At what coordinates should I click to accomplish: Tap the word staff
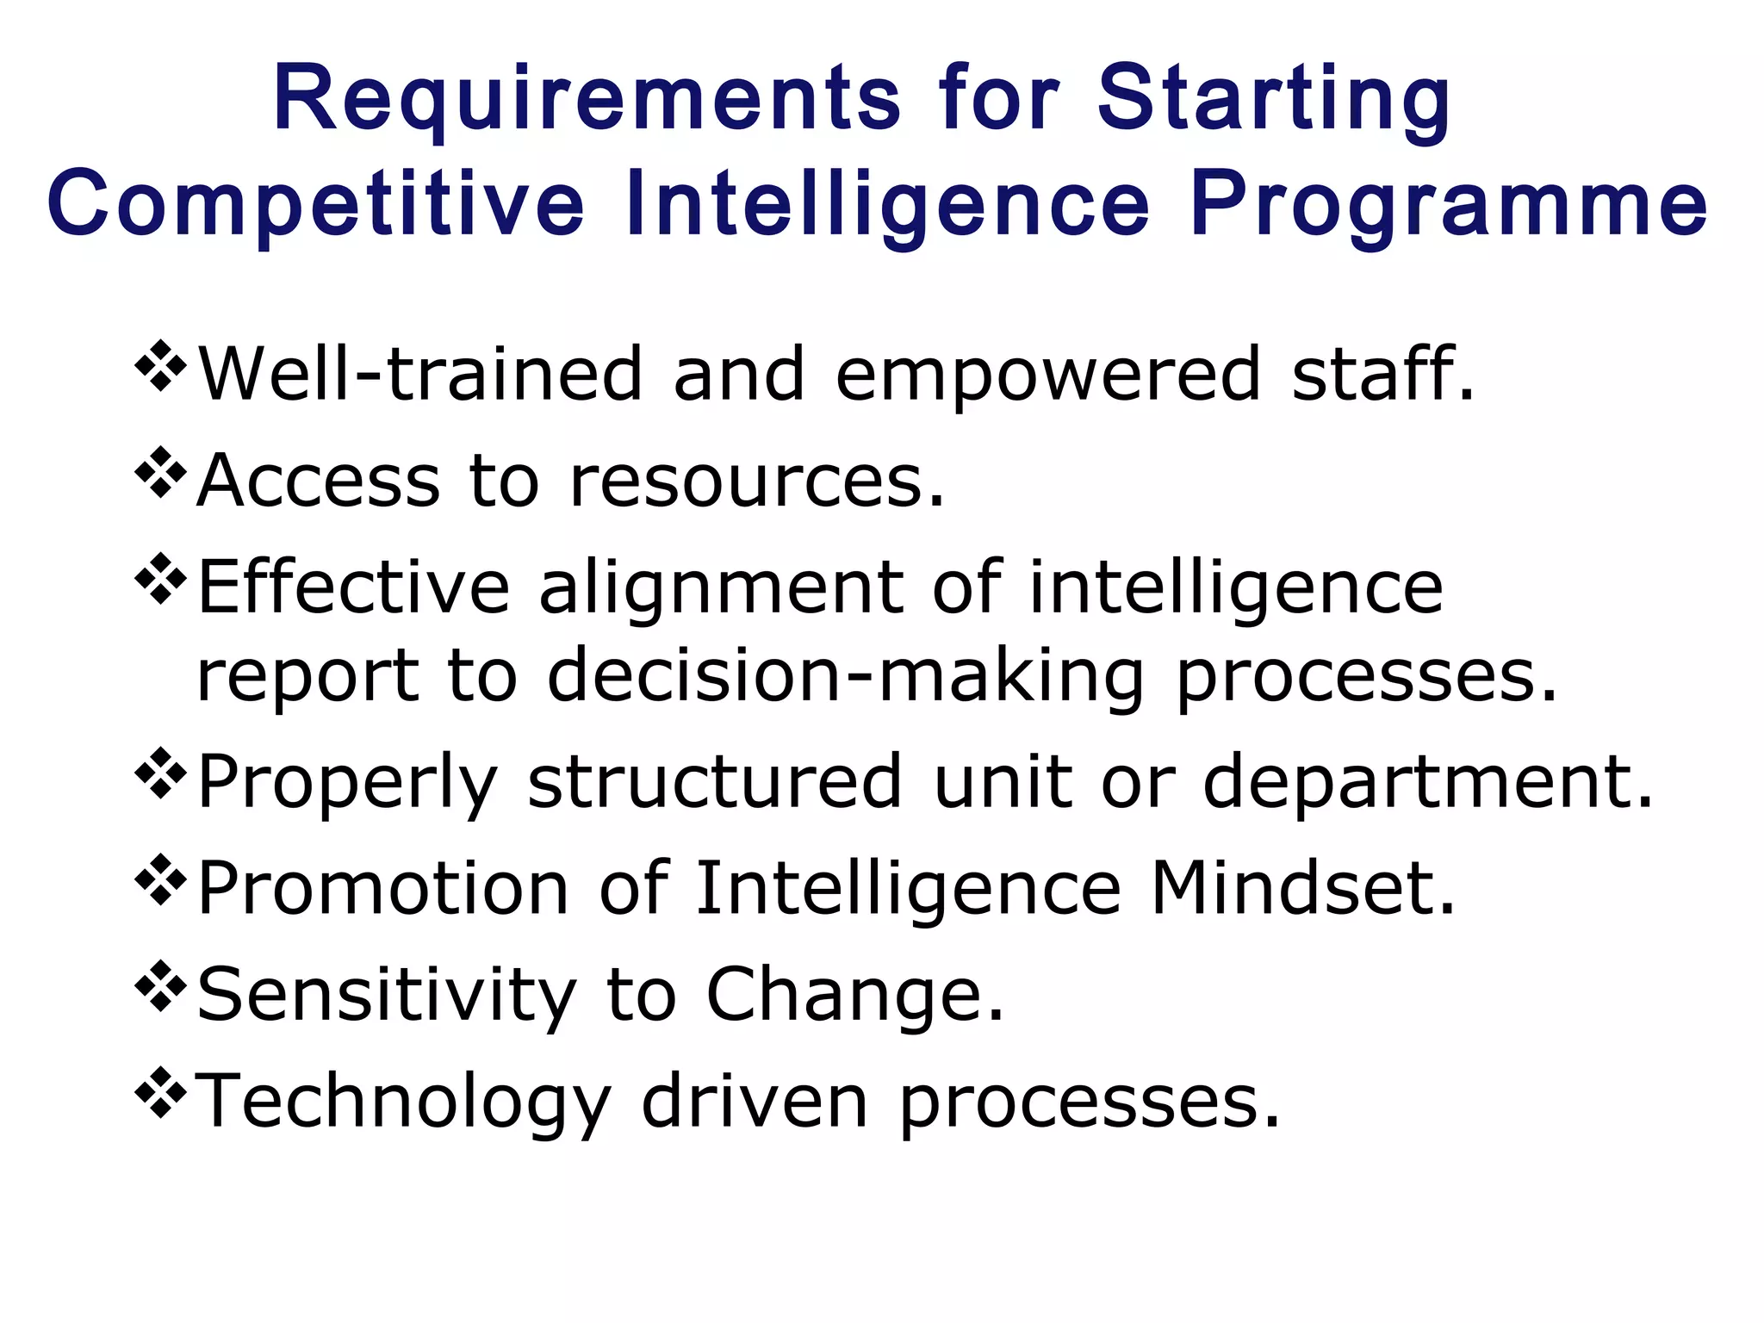point(1382,374)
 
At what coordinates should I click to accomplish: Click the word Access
point(319,480)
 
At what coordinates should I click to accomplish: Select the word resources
point(757,480)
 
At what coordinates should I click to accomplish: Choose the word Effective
point(353,587)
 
